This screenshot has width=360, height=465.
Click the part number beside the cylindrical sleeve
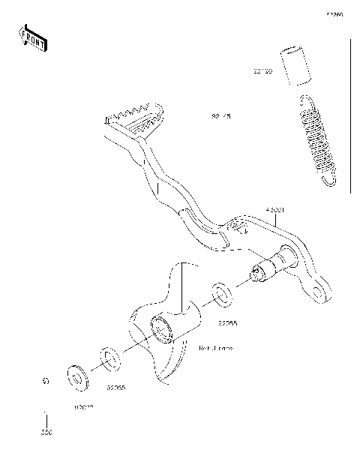click(x=262, y=73)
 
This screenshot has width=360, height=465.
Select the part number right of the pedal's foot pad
click(x=222, y=117)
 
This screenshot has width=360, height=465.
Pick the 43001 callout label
click(x=274, y=211)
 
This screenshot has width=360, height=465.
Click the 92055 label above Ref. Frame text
click(x=228, y=325)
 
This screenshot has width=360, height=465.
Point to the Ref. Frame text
click(x=216, y=349)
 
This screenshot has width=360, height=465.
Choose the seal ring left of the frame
click(x=108, y=358)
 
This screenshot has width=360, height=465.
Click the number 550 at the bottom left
click(x=47, y=433)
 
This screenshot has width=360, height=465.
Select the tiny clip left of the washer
click(x=45, y=382)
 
